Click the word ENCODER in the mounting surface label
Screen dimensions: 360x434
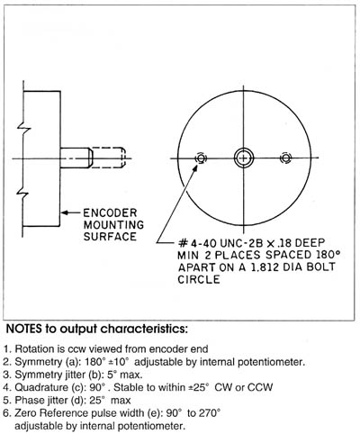(110, 213)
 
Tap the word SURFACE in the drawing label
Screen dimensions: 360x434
(110, 237)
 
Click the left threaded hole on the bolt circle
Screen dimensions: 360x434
(201, 158)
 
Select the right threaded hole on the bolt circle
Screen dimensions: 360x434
(285, 158)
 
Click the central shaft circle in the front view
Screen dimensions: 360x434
(244, 158)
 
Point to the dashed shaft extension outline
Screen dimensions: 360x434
(109, 157)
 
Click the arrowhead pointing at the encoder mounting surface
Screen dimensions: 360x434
(66, 212)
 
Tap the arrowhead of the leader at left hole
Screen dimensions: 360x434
(195, 168)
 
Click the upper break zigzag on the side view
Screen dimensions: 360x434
(24, 129)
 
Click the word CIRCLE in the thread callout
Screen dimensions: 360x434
(199, 279)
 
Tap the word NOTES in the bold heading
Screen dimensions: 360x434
(24, 329)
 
